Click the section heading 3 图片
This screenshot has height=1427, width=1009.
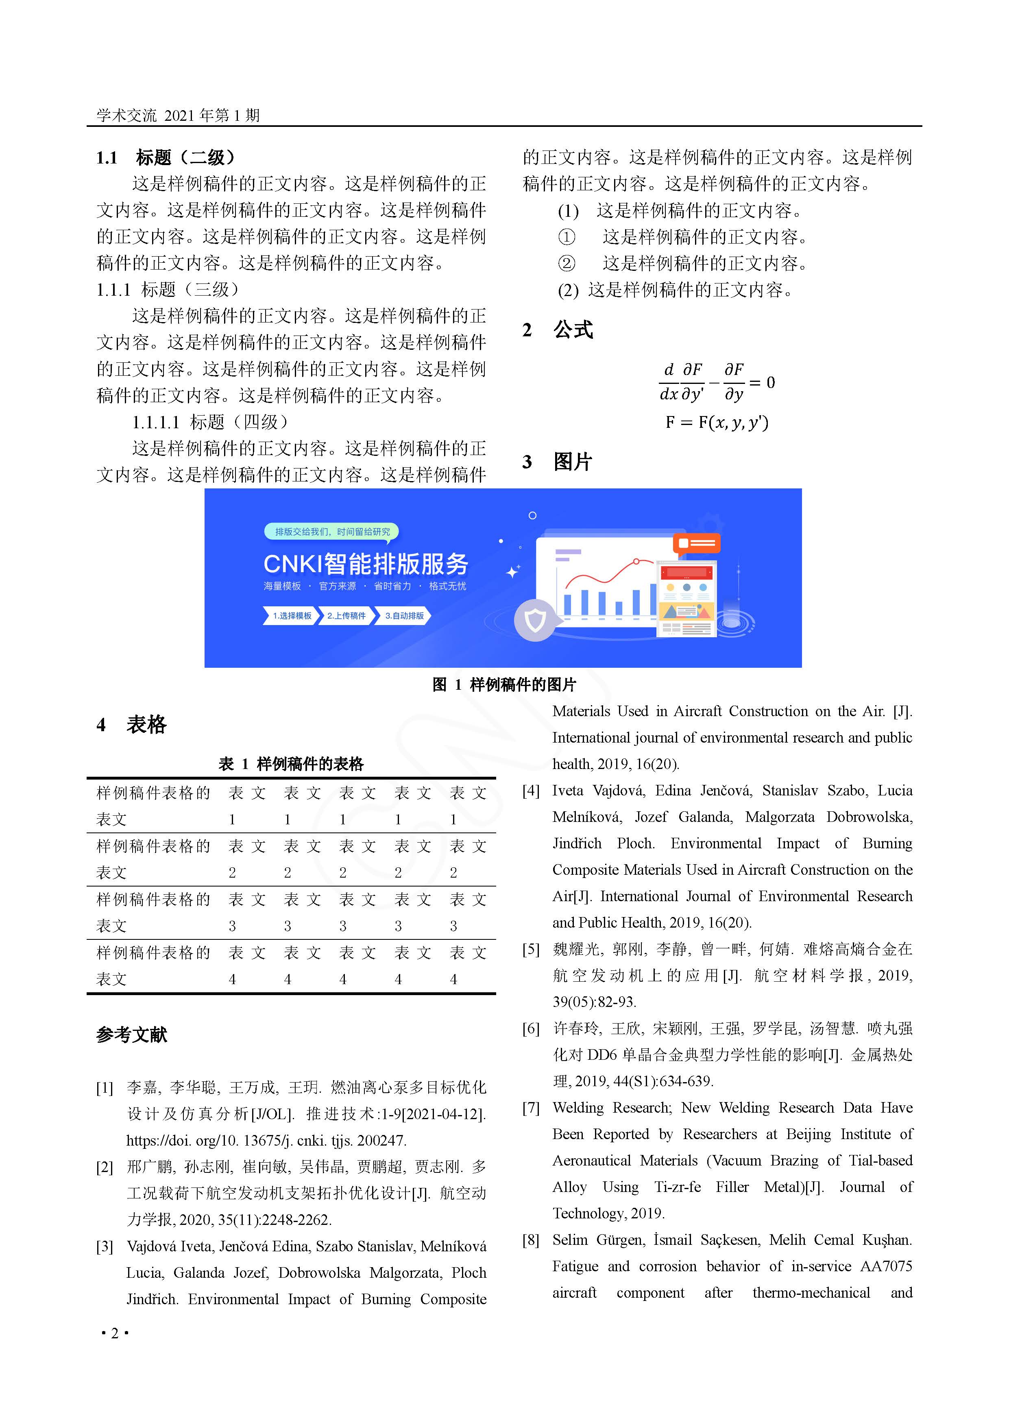tap(557, 462)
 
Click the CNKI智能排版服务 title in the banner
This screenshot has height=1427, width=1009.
tap(366, 564)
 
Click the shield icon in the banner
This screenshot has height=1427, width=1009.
tap(535, 620)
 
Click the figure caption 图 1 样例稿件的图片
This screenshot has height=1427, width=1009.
tap(504, 684)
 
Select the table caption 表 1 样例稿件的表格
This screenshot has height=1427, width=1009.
tap(291, 763)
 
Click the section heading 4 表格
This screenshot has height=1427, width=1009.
tap(131, 725)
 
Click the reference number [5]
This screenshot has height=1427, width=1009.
tap(530, 949)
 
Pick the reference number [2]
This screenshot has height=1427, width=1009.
tap(105, 1167)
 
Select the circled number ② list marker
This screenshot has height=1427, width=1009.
tap(567, 264)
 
